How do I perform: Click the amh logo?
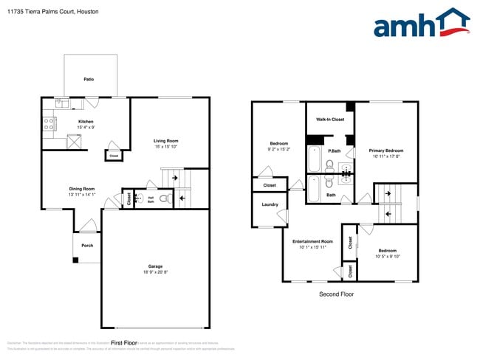[421, 24]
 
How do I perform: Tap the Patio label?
[89, 79]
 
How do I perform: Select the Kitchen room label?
[86, 122]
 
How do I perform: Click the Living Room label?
[166, 140]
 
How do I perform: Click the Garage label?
[155, 266]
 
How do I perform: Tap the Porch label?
[87, 245]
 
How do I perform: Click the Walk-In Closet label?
[330, 119]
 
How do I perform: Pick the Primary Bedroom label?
[386, 150]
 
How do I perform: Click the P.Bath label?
[335, 150]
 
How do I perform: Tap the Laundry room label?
[270, 204]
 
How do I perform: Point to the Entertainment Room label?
[312, 241]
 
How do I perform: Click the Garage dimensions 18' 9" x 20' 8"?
[155, 273]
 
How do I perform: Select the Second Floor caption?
[335, 294]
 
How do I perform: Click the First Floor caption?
[124, 342]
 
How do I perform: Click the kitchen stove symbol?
[49, 123]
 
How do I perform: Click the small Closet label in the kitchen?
[114, 156]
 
